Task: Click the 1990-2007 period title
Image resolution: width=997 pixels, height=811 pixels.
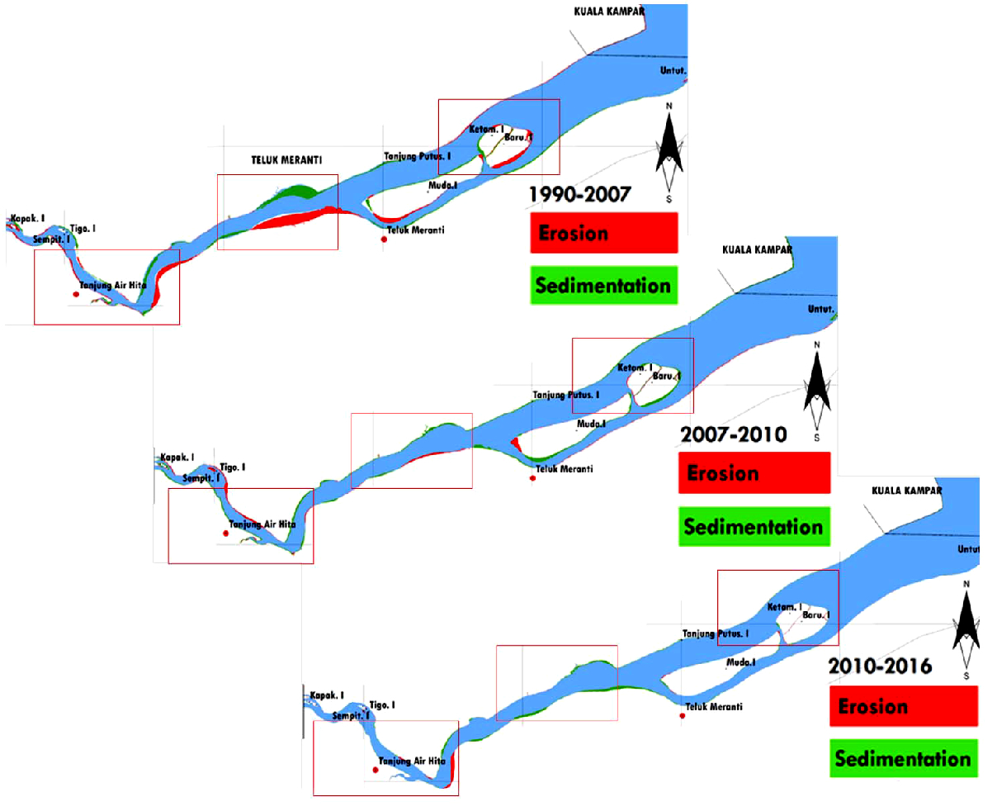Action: click(x=579, y=194)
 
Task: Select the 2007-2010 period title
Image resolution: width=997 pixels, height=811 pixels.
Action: click(x=733, y=434)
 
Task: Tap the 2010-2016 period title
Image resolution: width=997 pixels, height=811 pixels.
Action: click(x=880, y=666)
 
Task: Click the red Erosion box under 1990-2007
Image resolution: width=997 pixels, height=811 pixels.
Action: click(x=603, y=233)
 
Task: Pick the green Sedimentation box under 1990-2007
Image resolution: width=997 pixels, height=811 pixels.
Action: click(x=603, y=286)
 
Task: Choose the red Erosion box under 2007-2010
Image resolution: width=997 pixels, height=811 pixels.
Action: click(x=754, y=473)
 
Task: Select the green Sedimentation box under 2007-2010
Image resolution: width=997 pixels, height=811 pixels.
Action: click(x=754, y=527)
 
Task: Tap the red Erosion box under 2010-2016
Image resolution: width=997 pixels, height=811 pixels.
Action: click(x=903, y=706)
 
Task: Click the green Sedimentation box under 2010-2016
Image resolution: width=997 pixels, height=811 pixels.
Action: click(x=903, y=759)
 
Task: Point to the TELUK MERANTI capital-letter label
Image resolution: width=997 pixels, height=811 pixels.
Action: click(x=286, y=160)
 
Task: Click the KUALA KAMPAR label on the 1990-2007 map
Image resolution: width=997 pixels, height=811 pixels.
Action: click(x=609, y=12)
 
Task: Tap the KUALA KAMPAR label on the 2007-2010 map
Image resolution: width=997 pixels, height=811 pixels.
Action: click(x=757, y=249)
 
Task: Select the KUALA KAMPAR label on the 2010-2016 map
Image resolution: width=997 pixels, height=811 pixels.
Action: click(x=906, y=491)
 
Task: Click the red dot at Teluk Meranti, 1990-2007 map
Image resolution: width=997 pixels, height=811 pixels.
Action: click(x=384, y=240)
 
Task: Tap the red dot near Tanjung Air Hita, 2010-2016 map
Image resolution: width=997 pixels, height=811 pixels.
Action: click(x=376, y=770)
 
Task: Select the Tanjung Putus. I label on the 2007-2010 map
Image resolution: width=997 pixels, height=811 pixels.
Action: click(x=565, y=396)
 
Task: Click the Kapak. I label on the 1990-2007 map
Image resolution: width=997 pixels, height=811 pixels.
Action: click(x=27, y=219)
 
